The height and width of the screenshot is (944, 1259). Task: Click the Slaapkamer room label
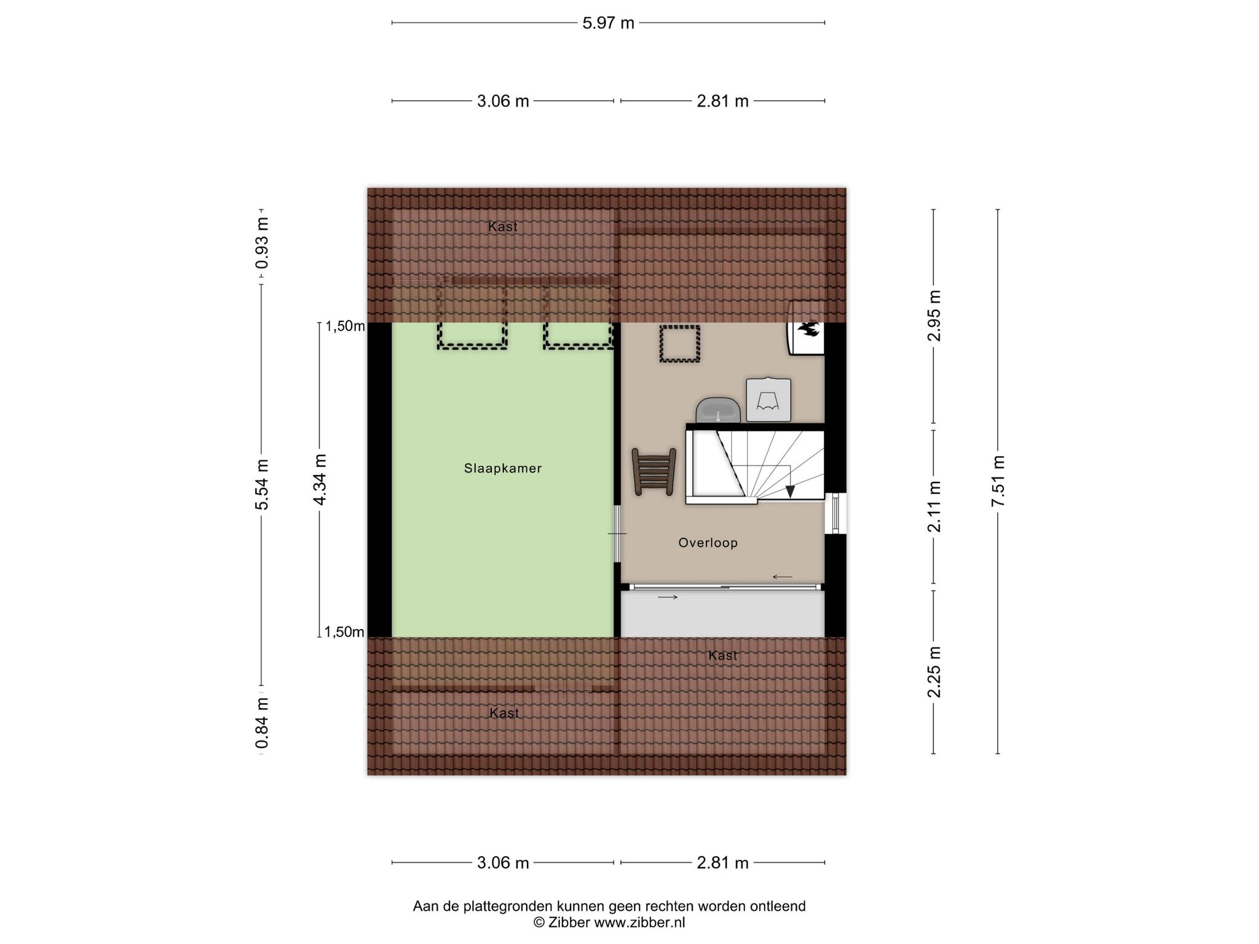[503, 468]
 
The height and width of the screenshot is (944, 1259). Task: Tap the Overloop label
[708, 543]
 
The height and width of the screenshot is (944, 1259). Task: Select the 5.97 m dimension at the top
[608, 23]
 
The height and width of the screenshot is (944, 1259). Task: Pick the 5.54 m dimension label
[262, 484]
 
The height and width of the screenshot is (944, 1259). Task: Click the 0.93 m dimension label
[262, 243]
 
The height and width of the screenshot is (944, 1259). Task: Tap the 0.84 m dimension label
[262, 723]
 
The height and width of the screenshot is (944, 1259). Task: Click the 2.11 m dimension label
[934, 506]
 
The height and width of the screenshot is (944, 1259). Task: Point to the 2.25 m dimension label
[934, 672]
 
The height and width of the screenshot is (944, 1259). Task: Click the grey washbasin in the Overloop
[717, 410]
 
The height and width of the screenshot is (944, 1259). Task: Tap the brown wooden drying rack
[654, 471]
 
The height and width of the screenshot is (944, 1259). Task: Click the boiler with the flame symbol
[805, 328]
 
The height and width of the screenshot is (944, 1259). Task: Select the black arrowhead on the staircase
[790, 491]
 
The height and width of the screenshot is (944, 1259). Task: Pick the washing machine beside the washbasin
[768, 399]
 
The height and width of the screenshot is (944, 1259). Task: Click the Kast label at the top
[503, 227]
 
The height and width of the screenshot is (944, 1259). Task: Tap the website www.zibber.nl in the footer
[639, 922]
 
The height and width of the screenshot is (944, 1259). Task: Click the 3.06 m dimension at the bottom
[503, 863]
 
